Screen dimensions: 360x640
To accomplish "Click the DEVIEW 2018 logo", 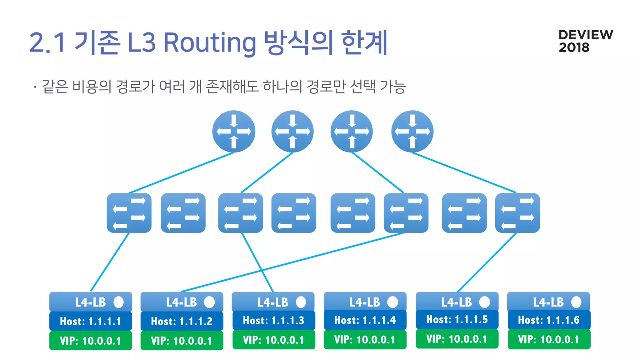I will click(x=585, y=41).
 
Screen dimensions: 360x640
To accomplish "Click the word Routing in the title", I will click(x=210, y=43).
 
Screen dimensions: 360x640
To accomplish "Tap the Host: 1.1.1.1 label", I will click(x=90, y=321).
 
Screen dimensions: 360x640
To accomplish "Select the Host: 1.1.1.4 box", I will click(x=365, y=320).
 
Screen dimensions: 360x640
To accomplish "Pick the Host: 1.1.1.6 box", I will click(x=549, y=320).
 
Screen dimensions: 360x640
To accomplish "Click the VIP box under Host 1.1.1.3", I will click(x=273, y=340).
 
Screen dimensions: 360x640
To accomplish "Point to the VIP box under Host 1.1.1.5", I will click(x=457, y=339).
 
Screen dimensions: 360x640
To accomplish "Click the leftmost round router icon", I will click(x=234, y=132).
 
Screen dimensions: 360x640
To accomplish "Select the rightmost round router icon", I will click(x=412, y=132).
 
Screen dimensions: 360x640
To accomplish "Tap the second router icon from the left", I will click(x=292, y=132).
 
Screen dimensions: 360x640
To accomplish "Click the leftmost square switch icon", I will click(x=129, y=213).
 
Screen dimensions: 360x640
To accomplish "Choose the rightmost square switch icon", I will click(x=517, y=213).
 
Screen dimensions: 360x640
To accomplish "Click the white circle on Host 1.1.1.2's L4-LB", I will click(x=209, y=302).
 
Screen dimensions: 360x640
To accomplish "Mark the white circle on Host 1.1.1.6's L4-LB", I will click(x=576, y=302).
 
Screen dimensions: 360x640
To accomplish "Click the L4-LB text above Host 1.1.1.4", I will click(x=364, y=302).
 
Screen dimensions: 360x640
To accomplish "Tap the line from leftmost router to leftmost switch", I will click(x=181, y=173).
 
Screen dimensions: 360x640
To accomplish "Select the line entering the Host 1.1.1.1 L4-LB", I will click(x=110, y=262).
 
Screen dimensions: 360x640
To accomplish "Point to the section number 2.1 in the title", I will click(x=47, y=43).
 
